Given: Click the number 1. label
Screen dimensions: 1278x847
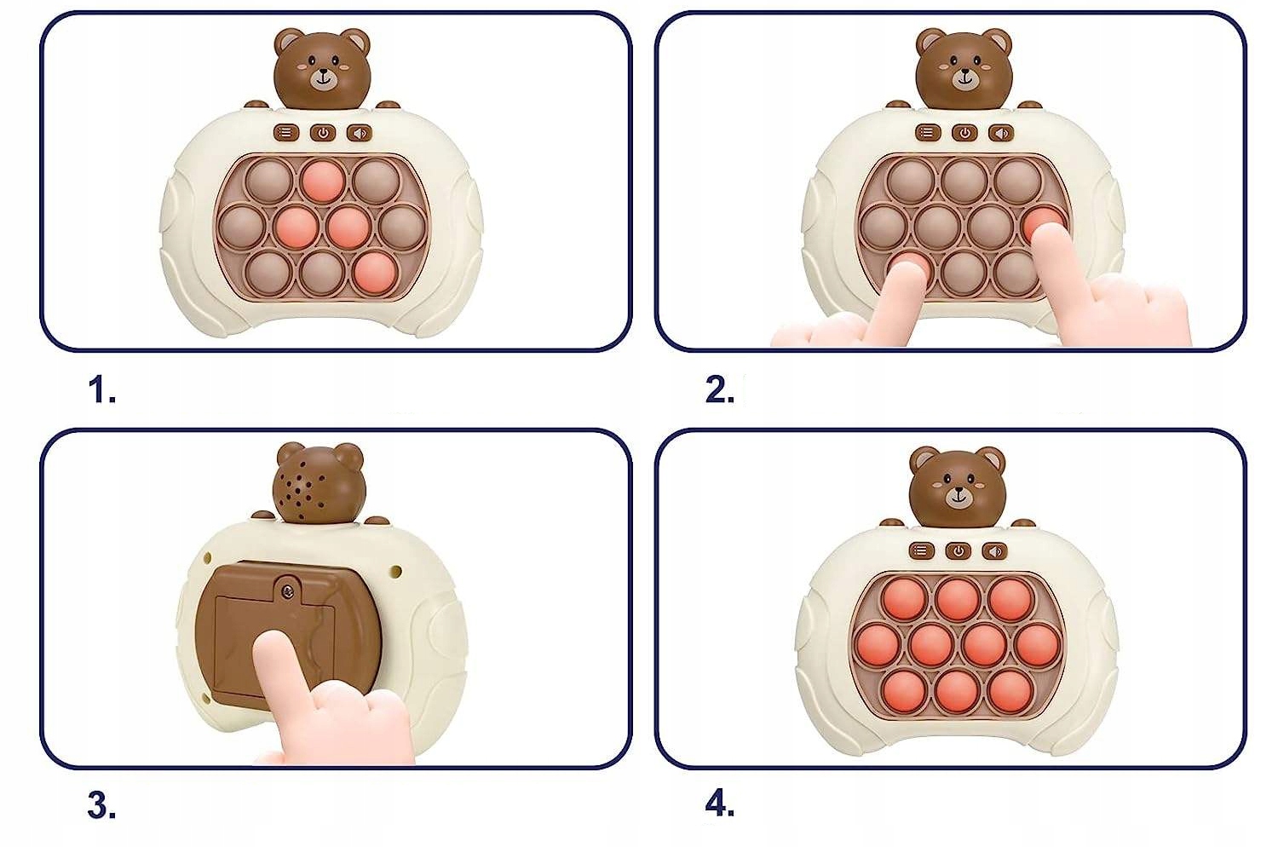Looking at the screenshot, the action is [102, 391].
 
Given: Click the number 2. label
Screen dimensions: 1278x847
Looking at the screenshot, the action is [720, 391].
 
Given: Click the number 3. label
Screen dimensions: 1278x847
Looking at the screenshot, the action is [102, 806].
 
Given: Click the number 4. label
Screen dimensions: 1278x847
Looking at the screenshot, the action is [720, 805].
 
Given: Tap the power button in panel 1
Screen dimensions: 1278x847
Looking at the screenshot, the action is [323, 134].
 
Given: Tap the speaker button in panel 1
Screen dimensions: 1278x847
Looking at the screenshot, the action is [360, 134].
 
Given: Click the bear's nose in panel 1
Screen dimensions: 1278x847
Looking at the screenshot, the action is [324, 73].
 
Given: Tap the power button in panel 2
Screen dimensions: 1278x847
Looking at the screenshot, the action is [964, 134].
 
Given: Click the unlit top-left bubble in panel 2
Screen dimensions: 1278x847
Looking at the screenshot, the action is [911, 181].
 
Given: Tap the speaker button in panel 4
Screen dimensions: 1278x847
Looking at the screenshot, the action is [995, 551].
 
